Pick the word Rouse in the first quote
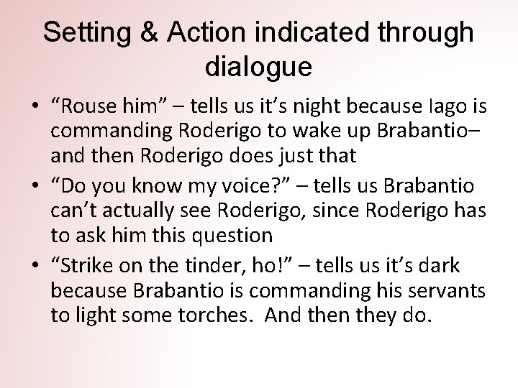tap(88, 108)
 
